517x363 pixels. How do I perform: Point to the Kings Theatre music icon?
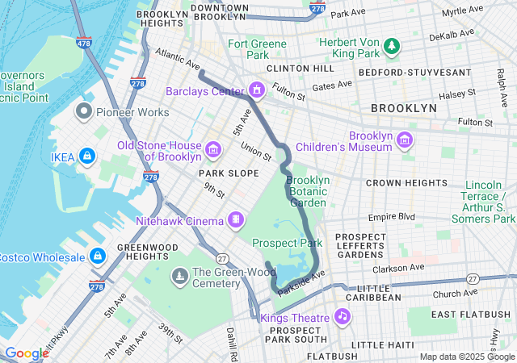pyautogui.click(x=343, y=316)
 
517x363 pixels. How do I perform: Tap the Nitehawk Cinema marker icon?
pyautogui.click(x=236, y=219)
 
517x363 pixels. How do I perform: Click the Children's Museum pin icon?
pyautogui.click(x=405, y=140)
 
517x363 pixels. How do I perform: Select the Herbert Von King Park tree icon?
pyautogui.click(x=392, y=46)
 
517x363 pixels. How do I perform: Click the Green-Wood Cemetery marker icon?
pyautogui.click(x=179, y=277)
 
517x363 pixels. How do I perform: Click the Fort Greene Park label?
pyautogui.click(x=257, y=49)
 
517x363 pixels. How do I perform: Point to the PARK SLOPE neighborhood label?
pyautogui.click(x=232, y=173)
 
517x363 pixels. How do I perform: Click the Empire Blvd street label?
pyautogui.click(x=391, y=216)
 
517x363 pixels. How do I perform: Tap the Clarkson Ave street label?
pyautogui.click(x=398, y=268)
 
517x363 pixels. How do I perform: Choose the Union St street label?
pyautogui.click(x=254, y=150)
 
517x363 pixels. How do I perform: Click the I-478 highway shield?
pyautogui.click(x=82, y=42)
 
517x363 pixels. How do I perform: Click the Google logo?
pyautogui.click(x=27, y=353)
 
